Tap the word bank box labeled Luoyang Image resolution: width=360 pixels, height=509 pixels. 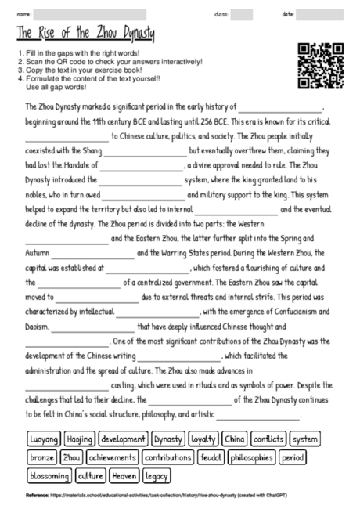pyautogui.click(x=45, y=439)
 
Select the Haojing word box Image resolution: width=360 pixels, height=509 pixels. pyautogui.click(x=80, y=439)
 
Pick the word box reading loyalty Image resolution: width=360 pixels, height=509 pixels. pyautogui.click(x=203, y=439)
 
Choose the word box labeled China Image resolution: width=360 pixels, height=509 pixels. pyautogui.click(x=235, y=439)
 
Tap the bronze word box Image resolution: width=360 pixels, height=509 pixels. pyautogui.click(x=42, y=457)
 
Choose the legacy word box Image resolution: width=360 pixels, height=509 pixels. pyautogui.click(x=157, y=475)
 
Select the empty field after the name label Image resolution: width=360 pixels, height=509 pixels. pyautogui.click(x=90, y=13)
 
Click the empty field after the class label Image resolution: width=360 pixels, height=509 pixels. pyautogui.click(x=242, y=13)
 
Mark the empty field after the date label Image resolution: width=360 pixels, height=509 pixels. pyautogui.click(x=320, y=13)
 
